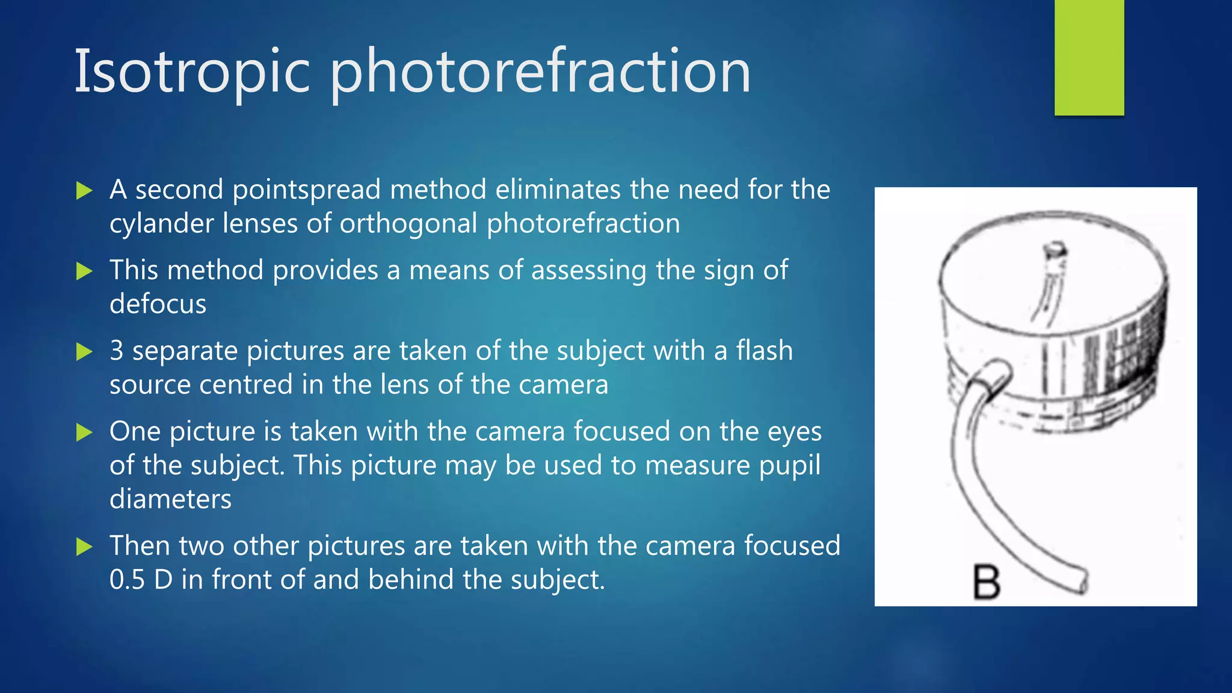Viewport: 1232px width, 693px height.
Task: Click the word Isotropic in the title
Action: pos(192,72)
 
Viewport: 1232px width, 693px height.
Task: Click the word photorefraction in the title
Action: pos(540,73)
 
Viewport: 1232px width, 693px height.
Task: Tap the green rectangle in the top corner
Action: pos(1089,58)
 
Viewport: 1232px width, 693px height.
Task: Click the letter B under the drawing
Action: pos(987,582)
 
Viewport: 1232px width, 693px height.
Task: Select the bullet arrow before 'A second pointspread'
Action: pos(84,191)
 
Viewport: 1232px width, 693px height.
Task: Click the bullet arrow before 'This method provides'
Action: pos(84,271)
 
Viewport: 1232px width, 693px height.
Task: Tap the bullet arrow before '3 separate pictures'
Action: pos(84,352)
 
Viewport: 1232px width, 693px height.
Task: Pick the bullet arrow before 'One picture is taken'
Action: pos(84,432)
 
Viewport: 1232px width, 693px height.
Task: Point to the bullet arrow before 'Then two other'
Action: pos(84,547)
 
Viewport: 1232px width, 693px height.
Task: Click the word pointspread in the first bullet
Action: pos(359,190)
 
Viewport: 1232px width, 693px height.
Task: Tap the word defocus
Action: pos(158,304)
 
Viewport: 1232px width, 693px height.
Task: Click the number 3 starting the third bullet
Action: pos(117,351)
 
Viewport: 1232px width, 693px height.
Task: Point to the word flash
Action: pos(764,351)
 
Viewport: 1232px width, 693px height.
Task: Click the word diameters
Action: pos(170,499)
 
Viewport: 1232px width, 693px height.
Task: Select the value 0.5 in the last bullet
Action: pos(128,580)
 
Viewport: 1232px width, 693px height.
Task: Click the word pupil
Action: pos(789,466)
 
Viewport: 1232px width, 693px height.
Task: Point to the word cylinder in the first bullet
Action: pos(161,224)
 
